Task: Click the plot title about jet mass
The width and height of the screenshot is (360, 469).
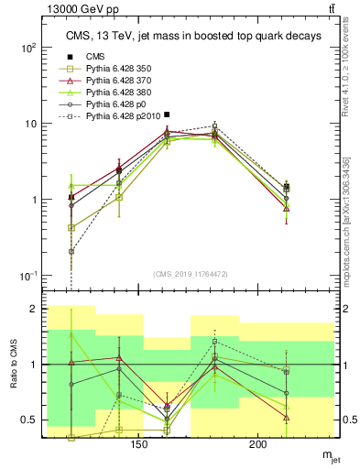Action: pyautogui.click(x=192, y=36)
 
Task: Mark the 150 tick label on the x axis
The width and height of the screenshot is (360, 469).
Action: pyautogui.click(x=138, y=444)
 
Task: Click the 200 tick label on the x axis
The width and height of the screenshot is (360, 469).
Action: pyautogui.click(x=257, y=444)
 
